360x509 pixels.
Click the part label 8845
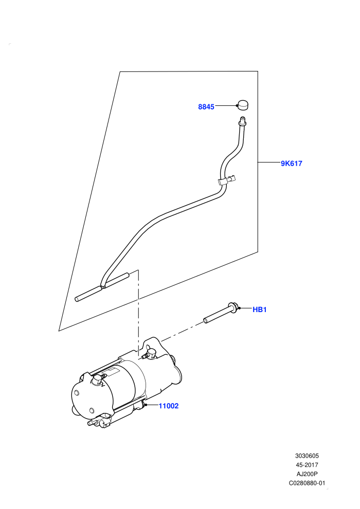tap(206, 107)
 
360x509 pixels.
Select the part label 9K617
tap(292, 163)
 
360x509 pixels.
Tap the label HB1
tap(259, 310)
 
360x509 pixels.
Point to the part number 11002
tap(169, 406)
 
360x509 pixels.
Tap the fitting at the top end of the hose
tap(242, 121)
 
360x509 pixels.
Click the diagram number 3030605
tap(307, 456)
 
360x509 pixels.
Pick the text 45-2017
tap(307, 465)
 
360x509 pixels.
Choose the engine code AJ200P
tap(307, 474)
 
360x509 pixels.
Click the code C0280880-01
tap(307, 483)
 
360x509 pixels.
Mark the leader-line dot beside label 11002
tap(147, 405)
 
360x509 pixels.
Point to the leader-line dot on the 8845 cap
tap(237, 105)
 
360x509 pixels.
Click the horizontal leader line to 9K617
tap(269, 161)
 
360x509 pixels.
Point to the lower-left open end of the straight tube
tap(77, 299)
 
